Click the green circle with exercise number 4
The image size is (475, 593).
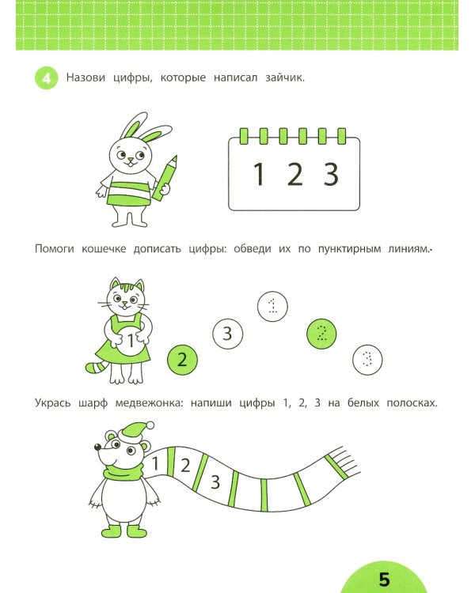(45, 78)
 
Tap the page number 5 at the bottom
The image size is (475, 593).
(385, 579)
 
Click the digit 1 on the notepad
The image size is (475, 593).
(259, 173)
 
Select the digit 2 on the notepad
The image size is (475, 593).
(294, 173)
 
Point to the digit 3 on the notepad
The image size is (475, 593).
(331, 173)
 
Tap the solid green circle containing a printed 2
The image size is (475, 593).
(182, 361)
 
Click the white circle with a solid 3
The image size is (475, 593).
(226, 334)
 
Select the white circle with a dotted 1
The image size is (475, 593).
(273, 305)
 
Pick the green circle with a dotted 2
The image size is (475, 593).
(320, 334)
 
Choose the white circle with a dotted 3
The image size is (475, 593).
(366, 360)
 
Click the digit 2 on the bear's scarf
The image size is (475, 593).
(185, 466)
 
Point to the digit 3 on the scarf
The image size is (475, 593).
(214, 480)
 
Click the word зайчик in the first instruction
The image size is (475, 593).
(283, 77)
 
